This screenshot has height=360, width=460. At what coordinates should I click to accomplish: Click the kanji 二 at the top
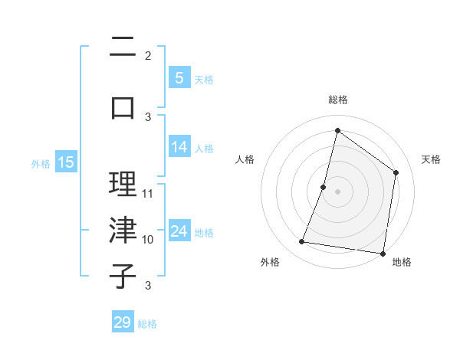click(x=123, y=48)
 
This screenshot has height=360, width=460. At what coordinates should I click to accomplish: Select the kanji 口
click(x=123, y=108)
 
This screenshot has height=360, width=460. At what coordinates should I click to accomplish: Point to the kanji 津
click(x=123, y=230)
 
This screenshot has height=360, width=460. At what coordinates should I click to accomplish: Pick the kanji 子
click(x=123, y=276)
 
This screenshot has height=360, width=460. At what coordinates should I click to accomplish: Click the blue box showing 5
click(x=179, y=77)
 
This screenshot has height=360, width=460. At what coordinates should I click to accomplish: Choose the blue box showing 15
click(x=66, y=162)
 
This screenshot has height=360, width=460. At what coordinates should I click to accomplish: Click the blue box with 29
click(x=123, y=322)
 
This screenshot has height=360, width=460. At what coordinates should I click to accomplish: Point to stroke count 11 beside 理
click(x=148, y=194)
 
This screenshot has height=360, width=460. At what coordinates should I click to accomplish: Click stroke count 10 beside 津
click(x=148, y=240)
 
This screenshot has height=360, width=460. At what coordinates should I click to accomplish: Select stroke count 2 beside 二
click(x=148, y=56)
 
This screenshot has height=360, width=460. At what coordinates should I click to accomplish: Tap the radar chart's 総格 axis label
click(x=337, y=100)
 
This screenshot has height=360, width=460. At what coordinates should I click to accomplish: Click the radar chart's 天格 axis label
click(x=431, y=159)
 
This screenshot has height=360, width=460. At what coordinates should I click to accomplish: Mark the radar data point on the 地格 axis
click(x=383, y=253)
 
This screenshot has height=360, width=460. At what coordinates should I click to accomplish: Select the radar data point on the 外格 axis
click(x=302, y=242)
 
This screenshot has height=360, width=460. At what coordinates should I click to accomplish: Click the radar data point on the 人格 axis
click(x=324, y=187)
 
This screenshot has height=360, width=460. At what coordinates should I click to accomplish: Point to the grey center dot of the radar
click(x=337, y=191)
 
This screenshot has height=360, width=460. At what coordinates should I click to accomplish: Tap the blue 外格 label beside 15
click(x=40, y=163)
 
